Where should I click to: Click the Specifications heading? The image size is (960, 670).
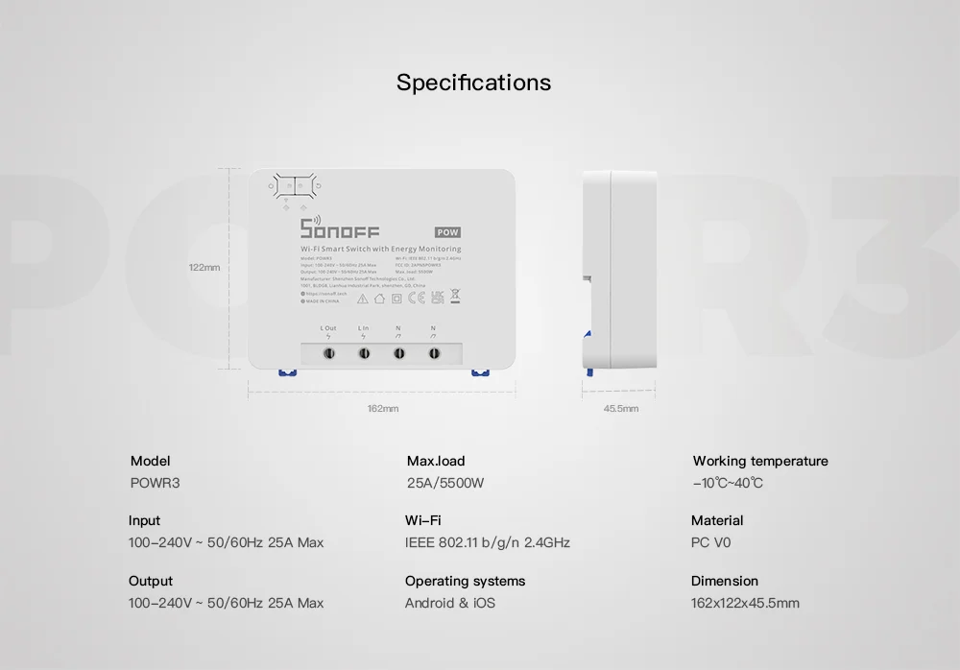[x=474, y=83]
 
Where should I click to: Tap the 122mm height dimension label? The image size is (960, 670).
[x=204, y=267]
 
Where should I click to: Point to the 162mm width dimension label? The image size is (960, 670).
[x=382, y=408]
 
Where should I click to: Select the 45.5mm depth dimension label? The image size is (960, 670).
[x=620, y=408]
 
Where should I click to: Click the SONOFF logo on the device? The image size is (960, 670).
[x=340, y=229]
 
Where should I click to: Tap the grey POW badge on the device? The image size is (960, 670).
[x=447, y=232]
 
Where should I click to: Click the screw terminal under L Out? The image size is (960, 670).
[x=328, y=353]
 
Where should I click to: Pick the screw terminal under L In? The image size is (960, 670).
[x=364, y=353]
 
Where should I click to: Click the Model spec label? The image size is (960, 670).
[x=150, y=461]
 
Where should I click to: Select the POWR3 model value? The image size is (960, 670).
[x=155, y=483]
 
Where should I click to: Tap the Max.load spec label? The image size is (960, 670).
[x=436, y=461]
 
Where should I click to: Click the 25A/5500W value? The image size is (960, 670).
[x=445, y=483]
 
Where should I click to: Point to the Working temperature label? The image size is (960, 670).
[x=760, y=461]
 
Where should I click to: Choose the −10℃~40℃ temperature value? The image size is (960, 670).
[x=728, y=483]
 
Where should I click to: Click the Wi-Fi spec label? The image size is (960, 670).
[x=423, y=520]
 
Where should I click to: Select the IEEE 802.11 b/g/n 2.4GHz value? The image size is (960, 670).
[x=488, y=542]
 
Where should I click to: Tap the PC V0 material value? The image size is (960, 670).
[x=711, y=542]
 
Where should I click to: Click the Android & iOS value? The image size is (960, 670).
[x=450, y=603]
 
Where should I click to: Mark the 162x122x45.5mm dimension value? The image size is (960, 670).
[x=745, y=603]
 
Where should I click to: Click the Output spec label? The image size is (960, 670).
[x=151, y=581]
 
